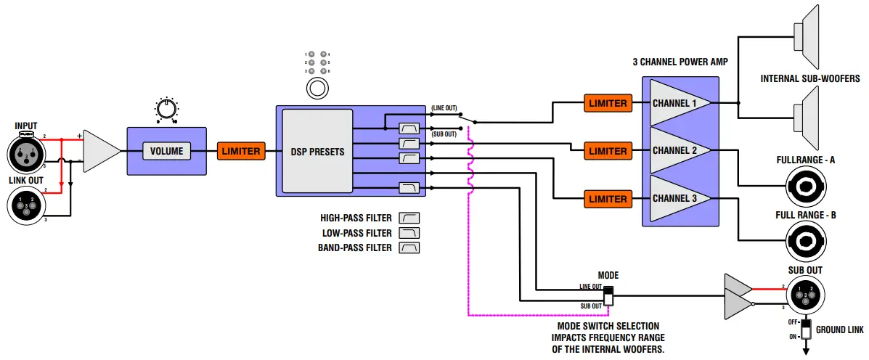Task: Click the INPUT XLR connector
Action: [x=27, y=154]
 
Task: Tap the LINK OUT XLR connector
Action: [x=27, y=206]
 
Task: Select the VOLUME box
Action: [x=166, y=151]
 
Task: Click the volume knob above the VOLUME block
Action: [x=166, y=110]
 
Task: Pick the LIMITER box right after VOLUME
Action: [x=240, y=151]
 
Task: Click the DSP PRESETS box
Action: [x=317, y=151]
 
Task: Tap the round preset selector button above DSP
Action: [x=317, y=89]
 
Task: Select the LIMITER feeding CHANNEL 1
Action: [x=608, y=103]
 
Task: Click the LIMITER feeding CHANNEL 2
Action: [x=608, y=151]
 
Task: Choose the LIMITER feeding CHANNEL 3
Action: [x=608, y=199]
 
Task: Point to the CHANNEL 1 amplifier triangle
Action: [x=675, y=103]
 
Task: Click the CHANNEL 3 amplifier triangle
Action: [x=675, y=199]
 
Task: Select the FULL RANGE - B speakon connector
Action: [x=805, y=242]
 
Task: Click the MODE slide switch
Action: [x=608, y=295]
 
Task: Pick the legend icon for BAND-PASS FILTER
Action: [x=410, y=247]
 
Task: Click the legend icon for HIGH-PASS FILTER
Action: [x=410, y=218]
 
